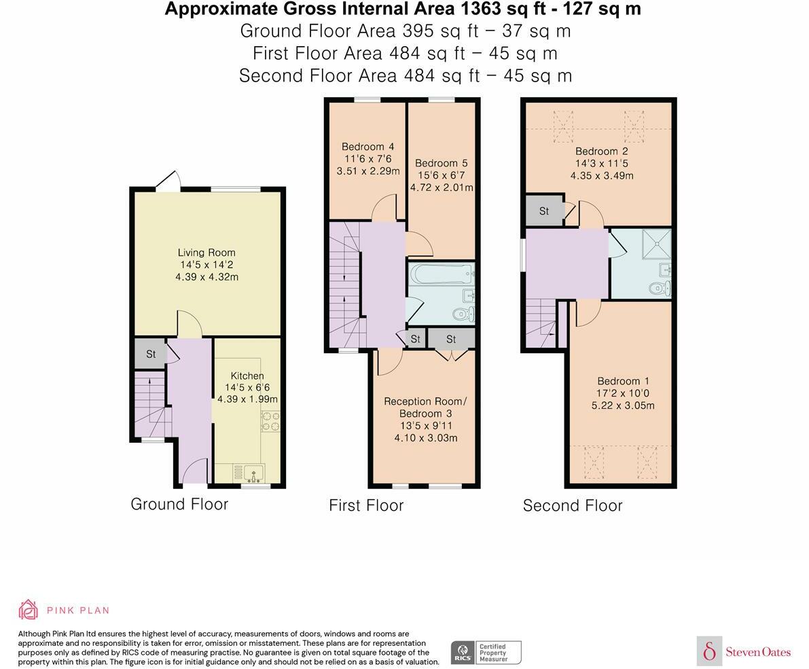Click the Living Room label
point(206,253)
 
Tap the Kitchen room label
point(247,376)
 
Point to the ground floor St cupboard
point(151,353)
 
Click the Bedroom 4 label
point(368,147)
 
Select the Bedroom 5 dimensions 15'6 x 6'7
point(441,175)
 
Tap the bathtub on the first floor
point(441,274)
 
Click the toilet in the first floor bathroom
point(463,313)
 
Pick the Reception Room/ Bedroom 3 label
point(425,408)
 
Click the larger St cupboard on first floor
point(451,339)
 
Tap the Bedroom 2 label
point(602,151)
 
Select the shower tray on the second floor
point(656,244)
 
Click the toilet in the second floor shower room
point(660,288)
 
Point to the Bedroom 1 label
point(624,381)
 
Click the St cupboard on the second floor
point(544,211)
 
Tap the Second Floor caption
point(573,505)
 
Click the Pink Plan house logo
point(29,610)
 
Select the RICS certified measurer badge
point(486,653)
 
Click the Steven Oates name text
point(758,652)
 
